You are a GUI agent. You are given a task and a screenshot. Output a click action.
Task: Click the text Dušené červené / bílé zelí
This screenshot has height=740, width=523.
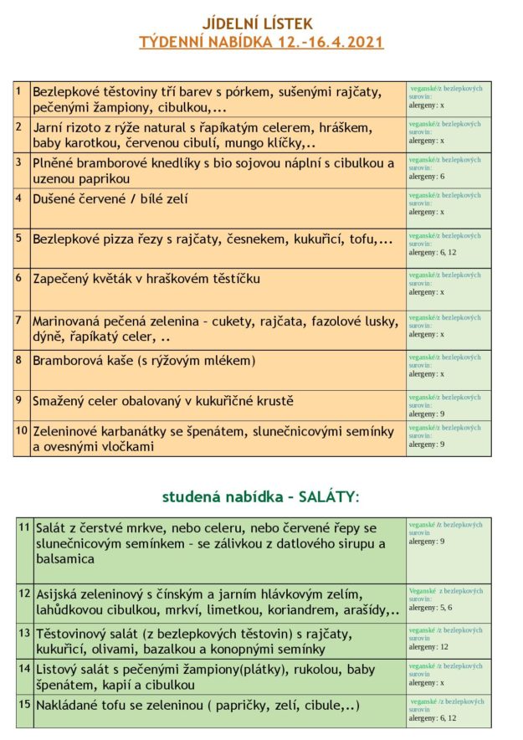(x=110, y=199)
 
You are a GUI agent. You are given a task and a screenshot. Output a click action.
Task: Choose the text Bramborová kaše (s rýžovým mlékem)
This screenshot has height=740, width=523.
(x=144, y=361)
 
